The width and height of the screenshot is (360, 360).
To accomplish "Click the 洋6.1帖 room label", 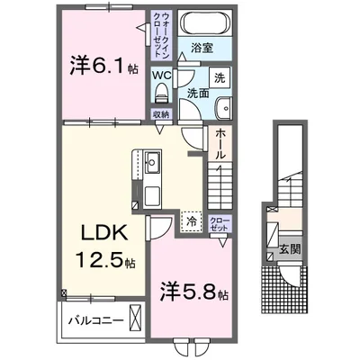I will point(103,65).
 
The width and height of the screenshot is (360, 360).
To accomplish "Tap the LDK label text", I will point(103,232).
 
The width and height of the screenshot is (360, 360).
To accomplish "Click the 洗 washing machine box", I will point(221,77).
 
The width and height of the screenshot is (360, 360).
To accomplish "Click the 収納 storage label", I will point(161,114).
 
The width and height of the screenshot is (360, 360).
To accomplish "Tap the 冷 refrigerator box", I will point(192,220).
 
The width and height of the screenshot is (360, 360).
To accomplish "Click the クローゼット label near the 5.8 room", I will point(219,223).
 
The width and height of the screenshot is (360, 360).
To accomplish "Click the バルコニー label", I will point(93,319).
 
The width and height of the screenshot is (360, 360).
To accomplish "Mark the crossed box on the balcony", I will point(136,319).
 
